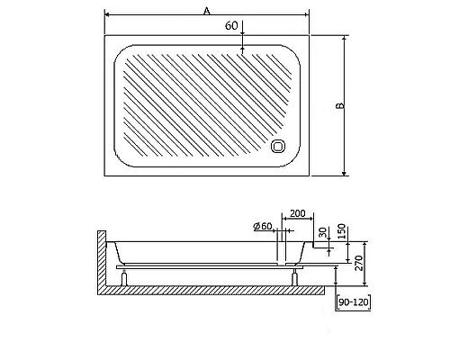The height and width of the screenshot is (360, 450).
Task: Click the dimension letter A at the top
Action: tap(206, 10)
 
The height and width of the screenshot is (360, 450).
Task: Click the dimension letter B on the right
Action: tap(339, 106)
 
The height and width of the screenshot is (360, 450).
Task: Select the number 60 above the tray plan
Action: tap(231, 26)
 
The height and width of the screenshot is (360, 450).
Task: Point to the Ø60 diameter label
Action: tap(263, 225)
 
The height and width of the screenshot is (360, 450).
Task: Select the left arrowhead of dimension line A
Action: tap(107, 15)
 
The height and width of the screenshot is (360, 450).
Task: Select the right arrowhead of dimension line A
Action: tap(307, 15)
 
